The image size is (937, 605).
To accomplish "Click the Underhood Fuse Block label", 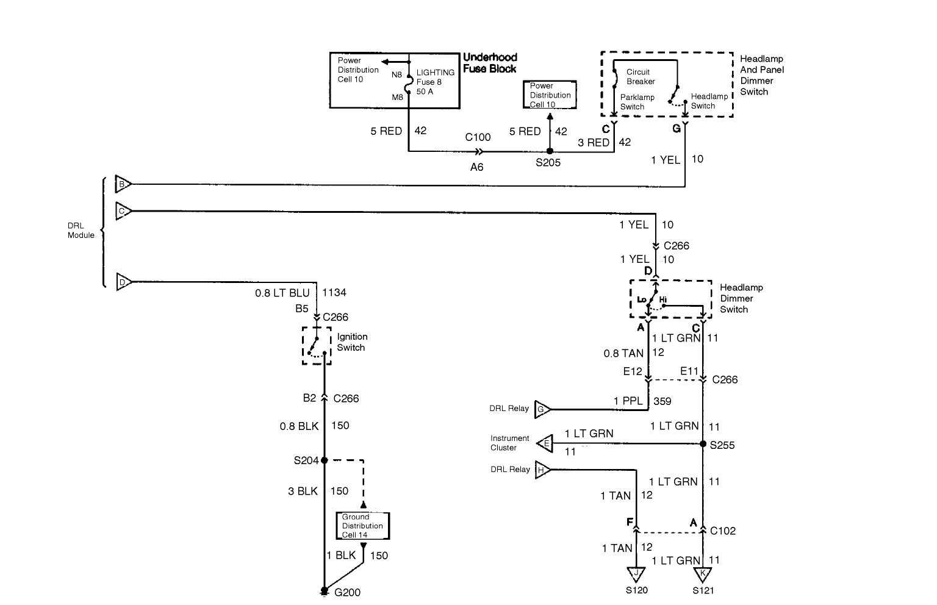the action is click(490, 63).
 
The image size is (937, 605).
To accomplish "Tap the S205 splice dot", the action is click(550, 151).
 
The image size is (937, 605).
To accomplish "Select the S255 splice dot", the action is click(703, 443).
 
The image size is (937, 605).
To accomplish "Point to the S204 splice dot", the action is click(324, 460).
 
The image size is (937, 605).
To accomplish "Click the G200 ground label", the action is click(347, 592).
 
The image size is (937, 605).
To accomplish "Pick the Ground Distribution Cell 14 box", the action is click(363, 526).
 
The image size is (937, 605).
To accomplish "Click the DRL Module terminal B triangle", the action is click(123, 184).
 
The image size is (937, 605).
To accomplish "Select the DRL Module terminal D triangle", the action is click(124, 282).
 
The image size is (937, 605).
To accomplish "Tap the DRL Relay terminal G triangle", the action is click(542, 409).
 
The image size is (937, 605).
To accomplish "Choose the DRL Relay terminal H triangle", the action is click(543, 470).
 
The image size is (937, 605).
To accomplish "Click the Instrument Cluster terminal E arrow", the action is click(545, 443).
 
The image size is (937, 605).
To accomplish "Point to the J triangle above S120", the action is click(636, 574).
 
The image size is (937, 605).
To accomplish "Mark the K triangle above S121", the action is click(703, 574).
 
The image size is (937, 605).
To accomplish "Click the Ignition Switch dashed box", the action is click(317, 346).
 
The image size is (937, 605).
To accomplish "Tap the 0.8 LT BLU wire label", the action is click(282, 293).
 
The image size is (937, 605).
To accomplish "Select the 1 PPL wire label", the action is click(628, 401).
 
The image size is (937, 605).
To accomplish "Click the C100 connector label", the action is click(478, 137).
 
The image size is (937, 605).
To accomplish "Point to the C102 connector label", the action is click(723, 531).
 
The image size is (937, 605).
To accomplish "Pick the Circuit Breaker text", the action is click(641, 76).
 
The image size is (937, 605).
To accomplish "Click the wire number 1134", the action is click(334, 292).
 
